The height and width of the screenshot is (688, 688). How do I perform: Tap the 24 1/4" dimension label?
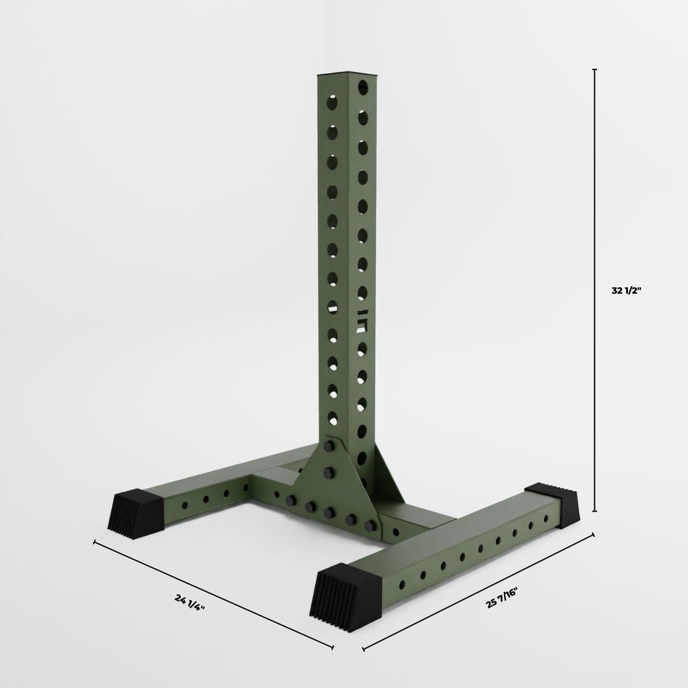coord(190,602)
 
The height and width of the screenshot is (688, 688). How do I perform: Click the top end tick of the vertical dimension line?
coord(594,69)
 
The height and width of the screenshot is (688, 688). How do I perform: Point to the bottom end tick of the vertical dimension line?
coord(594,510)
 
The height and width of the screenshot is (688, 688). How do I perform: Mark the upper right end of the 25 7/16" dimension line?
coord(594,534)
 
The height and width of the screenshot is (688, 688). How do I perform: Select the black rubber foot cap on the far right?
coord(552,505)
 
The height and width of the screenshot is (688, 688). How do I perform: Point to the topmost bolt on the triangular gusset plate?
coord(329,446)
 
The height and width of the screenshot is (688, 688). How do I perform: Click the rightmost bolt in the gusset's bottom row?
coord(370,526)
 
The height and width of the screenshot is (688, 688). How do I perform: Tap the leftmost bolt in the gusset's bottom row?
coord(290,501)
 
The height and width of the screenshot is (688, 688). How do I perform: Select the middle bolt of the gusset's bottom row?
coord(330,513)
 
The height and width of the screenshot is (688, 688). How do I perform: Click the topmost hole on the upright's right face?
coord(362,87)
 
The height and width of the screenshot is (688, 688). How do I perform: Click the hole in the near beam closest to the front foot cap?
coord(402,584)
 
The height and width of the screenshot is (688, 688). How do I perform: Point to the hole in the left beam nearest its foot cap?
coord(184,505)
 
